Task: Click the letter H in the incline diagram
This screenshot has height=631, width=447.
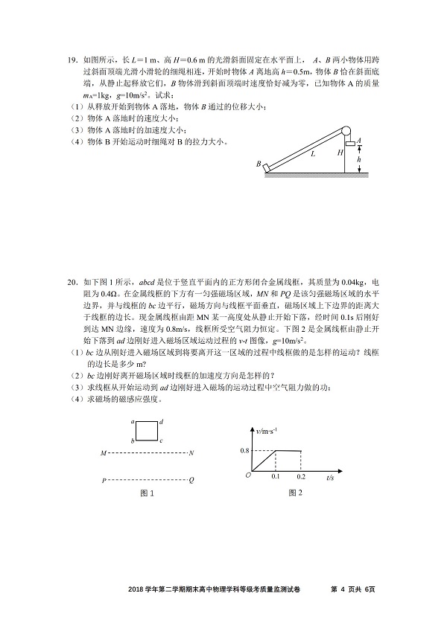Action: point(340,153)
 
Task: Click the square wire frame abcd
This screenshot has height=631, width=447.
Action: point(146,432)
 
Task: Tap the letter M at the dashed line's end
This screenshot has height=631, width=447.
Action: point(104,452)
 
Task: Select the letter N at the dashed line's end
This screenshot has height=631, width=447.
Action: point(191,452)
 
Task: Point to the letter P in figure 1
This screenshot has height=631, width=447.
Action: point(104,481)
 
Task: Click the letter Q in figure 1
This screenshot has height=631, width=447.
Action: point(191,481)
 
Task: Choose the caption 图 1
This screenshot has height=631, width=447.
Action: point(147,494)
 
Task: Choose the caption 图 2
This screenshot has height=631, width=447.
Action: point(296,493)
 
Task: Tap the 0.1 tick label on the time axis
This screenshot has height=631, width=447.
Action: point(276,475)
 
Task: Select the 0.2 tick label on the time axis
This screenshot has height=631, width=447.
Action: point(301,475)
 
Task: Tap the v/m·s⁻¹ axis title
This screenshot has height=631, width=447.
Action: point(266,431)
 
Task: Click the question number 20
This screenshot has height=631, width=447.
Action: point(72,284)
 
